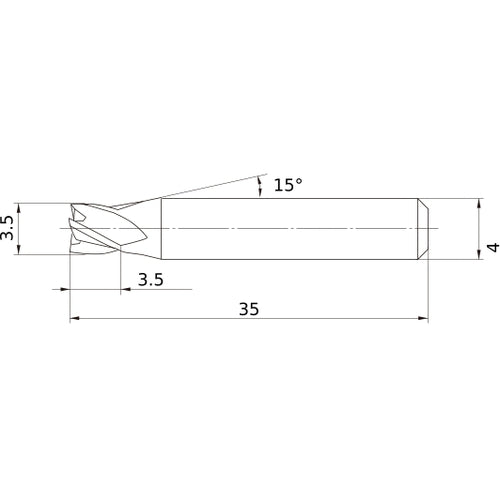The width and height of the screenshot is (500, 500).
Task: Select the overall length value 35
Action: (249, 310)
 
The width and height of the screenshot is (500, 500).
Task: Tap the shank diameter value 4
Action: (490, 247)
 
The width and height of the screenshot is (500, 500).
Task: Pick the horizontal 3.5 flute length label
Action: (151, 280)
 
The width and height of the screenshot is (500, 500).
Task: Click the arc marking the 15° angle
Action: (262, 186)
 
